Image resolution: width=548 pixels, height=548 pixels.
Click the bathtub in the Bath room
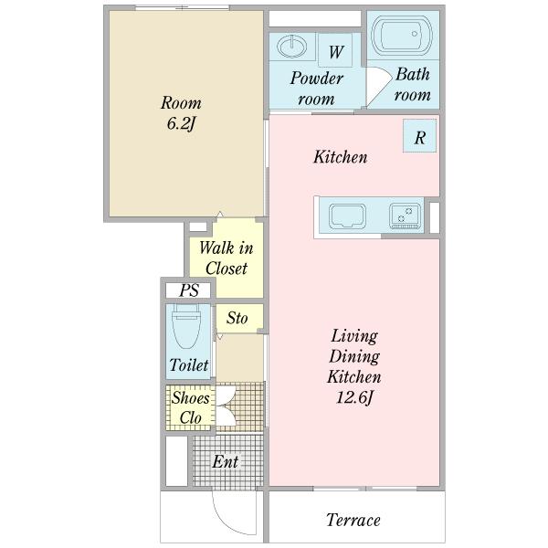402,35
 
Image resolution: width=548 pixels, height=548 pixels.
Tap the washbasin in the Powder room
292,46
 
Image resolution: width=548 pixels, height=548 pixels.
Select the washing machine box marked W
335,50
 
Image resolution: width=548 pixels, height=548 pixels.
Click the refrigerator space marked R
419,135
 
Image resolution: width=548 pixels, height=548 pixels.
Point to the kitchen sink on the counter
347,216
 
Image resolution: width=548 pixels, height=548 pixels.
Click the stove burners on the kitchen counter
405,216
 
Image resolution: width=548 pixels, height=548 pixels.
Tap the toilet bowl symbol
186,325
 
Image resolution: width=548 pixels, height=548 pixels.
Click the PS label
189,290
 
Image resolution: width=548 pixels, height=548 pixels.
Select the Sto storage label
237,318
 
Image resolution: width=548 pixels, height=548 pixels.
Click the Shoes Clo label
191,407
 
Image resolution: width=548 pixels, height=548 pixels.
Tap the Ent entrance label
226,461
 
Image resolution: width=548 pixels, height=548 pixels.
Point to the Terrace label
353,520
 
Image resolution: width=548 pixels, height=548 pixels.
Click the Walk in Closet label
227,258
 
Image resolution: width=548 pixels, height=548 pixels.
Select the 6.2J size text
181,123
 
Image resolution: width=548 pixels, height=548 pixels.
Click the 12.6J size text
354,397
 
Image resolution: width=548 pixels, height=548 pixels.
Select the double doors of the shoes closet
226,406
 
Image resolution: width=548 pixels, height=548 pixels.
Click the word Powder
317,79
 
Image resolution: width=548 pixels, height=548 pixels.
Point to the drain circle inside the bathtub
414,34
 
